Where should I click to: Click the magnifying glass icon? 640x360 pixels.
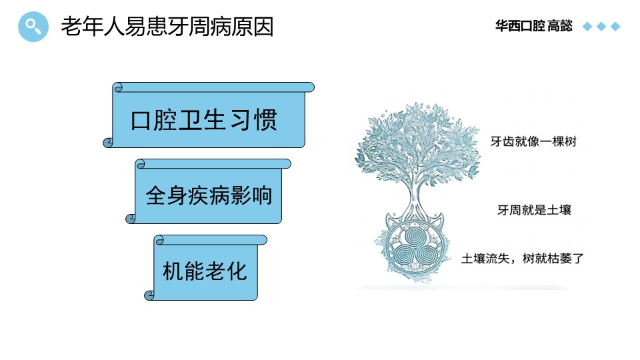coord(33,27)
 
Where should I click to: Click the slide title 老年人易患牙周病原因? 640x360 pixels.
coord(167,27)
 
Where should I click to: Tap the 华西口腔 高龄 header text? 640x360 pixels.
coord(533,26)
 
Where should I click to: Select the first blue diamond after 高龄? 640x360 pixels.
coord(587,27)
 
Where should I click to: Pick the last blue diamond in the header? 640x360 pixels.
coord(615,27)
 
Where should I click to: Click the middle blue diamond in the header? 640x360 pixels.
coord(601,27)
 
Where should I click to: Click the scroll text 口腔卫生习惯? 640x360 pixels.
coord(204,120)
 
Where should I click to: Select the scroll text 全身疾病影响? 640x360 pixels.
coord(209,195)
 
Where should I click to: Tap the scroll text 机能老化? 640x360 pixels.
coord(205,271)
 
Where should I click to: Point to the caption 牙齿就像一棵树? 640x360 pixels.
coord(533,141)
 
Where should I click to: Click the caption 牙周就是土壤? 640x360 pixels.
coord(534,210)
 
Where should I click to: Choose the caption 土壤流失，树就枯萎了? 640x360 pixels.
coord(523,259)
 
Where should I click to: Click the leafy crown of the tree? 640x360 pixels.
coord(417,142)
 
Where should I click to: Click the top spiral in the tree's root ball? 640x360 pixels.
coord(414,235)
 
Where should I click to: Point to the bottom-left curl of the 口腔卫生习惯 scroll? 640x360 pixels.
coord(108,143)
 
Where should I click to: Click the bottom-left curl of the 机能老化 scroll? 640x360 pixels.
coord(149,295)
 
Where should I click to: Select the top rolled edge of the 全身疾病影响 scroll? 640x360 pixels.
coord(213,164)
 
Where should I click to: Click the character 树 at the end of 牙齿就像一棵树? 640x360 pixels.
coord(570,141)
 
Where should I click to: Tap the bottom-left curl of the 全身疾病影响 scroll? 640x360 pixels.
coord(131,219)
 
